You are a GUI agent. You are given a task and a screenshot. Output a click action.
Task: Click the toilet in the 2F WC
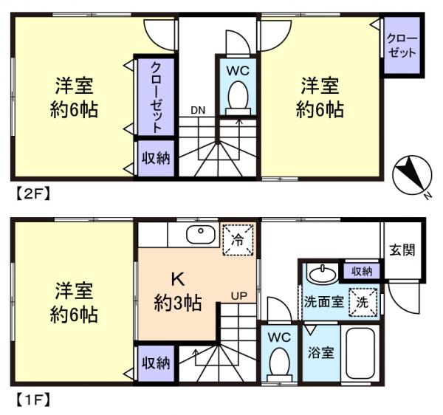point(237,96)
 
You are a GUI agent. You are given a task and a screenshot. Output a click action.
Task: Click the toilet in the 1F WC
point(278,362)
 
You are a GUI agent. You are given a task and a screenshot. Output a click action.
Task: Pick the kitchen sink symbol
point(198,236)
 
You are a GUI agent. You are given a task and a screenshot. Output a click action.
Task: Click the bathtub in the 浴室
point(361,355)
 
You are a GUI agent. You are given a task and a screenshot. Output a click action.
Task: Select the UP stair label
point(239,295)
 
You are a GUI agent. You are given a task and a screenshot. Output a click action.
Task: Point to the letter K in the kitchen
point(177,280)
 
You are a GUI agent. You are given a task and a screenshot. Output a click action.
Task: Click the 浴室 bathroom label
point(321,352)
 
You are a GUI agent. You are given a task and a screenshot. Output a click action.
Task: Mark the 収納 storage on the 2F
point(154,158)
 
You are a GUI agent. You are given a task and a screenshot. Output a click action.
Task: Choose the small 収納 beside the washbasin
point(363,271)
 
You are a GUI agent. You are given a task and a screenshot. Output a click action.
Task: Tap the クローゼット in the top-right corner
point(402,46)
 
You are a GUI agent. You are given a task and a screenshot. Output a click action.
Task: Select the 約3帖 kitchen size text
point(178,301)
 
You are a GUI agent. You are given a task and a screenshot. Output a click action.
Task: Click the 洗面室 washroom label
point(322,302)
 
